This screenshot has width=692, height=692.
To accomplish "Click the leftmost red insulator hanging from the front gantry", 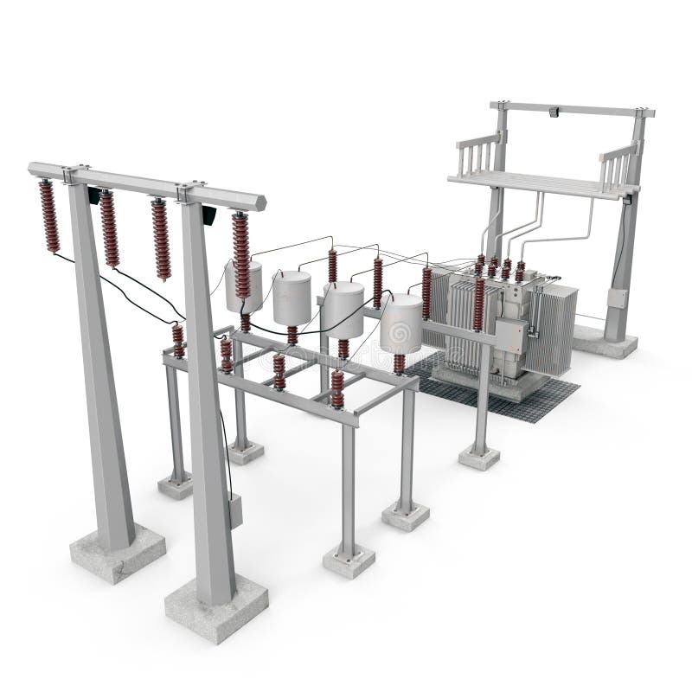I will point(49,216).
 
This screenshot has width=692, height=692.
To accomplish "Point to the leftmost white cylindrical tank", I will point(245,285).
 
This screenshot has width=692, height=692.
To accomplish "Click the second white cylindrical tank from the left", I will point(292,297).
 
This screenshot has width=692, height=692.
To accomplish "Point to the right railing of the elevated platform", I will point(618,163).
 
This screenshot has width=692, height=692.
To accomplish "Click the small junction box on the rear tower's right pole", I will point(615,299).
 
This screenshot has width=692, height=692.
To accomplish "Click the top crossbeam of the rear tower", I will point(571,109).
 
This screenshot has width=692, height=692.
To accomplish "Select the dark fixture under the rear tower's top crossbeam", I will point(556,112).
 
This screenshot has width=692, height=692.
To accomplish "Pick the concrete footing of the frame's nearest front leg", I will point(349,562).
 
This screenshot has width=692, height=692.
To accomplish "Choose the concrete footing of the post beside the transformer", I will point(479,458).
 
